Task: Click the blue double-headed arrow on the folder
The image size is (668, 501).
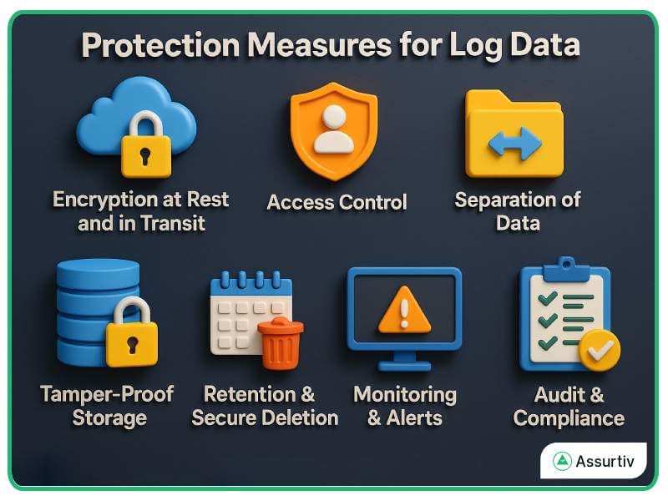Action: click(514, 143)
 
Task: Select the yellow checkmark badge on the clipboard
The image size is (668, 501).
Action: click(600, 350)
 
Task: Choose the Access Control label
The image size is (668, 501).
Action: click(337, 202)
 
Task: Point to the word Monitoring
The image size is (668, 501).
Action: click(405, 394)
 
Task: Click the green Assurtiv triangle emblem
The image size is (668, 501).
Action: click(562, 461)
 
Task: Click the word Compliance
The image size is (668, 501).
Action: click(569, 417)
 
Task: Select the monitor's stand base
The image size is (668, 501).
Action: click(404, 366)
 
